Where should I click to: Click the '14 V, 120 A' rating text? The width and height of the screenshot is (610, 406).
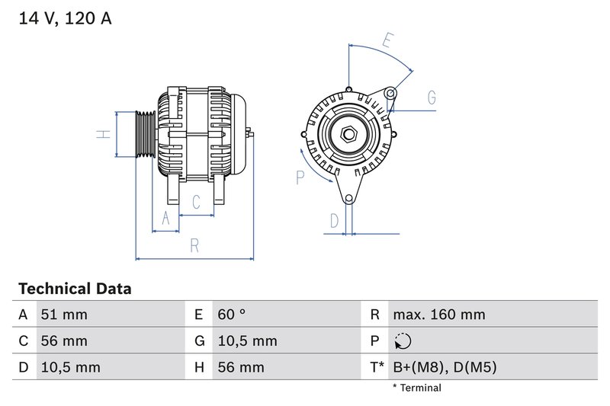pyautogui.click(x=64, y=19)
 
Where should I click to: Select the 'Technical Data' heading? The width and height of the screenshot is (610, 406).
pyautogui.click(x=75, y=289)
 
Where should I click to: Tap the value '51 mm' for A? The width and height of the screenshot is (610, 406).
pyautogui.click(x=65, y=315)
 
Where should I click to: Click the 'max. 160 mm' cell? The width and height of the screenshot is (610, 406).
pyautogui.click(x=438, y=315)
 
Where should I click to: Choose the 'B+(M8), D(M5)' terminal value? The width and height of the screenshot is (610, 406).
pyautogui.click(x=445, y=367)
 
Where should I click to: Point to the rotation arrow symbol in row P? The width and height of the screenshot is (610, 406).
pyautogui.click(x=403, y=341)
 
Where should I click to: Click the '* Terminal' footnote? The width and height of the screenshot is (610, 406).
pyautogui.click(x=417, y=388)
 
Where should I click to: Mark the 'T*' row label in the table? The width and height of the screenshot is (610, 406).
pyautogui.click(x=377, y=367)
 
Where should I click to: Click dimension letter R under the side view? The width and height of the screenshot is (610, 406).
pyautogui.click(x=194, y=245)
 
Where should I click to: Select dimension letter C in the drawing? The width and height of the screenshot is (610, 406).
pyautogui.click(x=196, y=202)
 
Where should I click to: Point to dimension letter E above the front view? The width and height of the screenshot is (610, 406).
pyautogui.click(x=389, y=40)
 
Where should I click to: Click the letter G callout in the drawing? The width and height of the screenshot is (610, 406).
pyautogui.click(x=432, y=98)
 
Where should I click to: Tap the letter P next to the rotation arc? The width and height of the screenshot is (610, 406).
pyautogui.click(x=300, y=177)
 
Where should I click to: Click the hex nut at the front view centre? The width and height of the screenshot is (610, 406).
pyautogui.click(x=349, y=135)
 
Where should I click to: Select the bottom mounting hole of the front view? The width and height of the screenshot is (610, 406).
pyautogui.click(x=349, y=199)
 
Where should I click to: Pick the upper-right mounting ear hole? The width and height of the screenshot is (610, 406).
pyautogui.click(x=390, y=94)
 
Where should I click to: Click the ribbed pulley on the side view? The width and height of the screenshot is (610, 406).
pyautogui.click(x=145, y=134)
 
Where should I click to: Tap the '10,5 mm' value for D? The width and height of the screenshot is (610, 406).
pyautogui.click(x=69, y=367)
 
